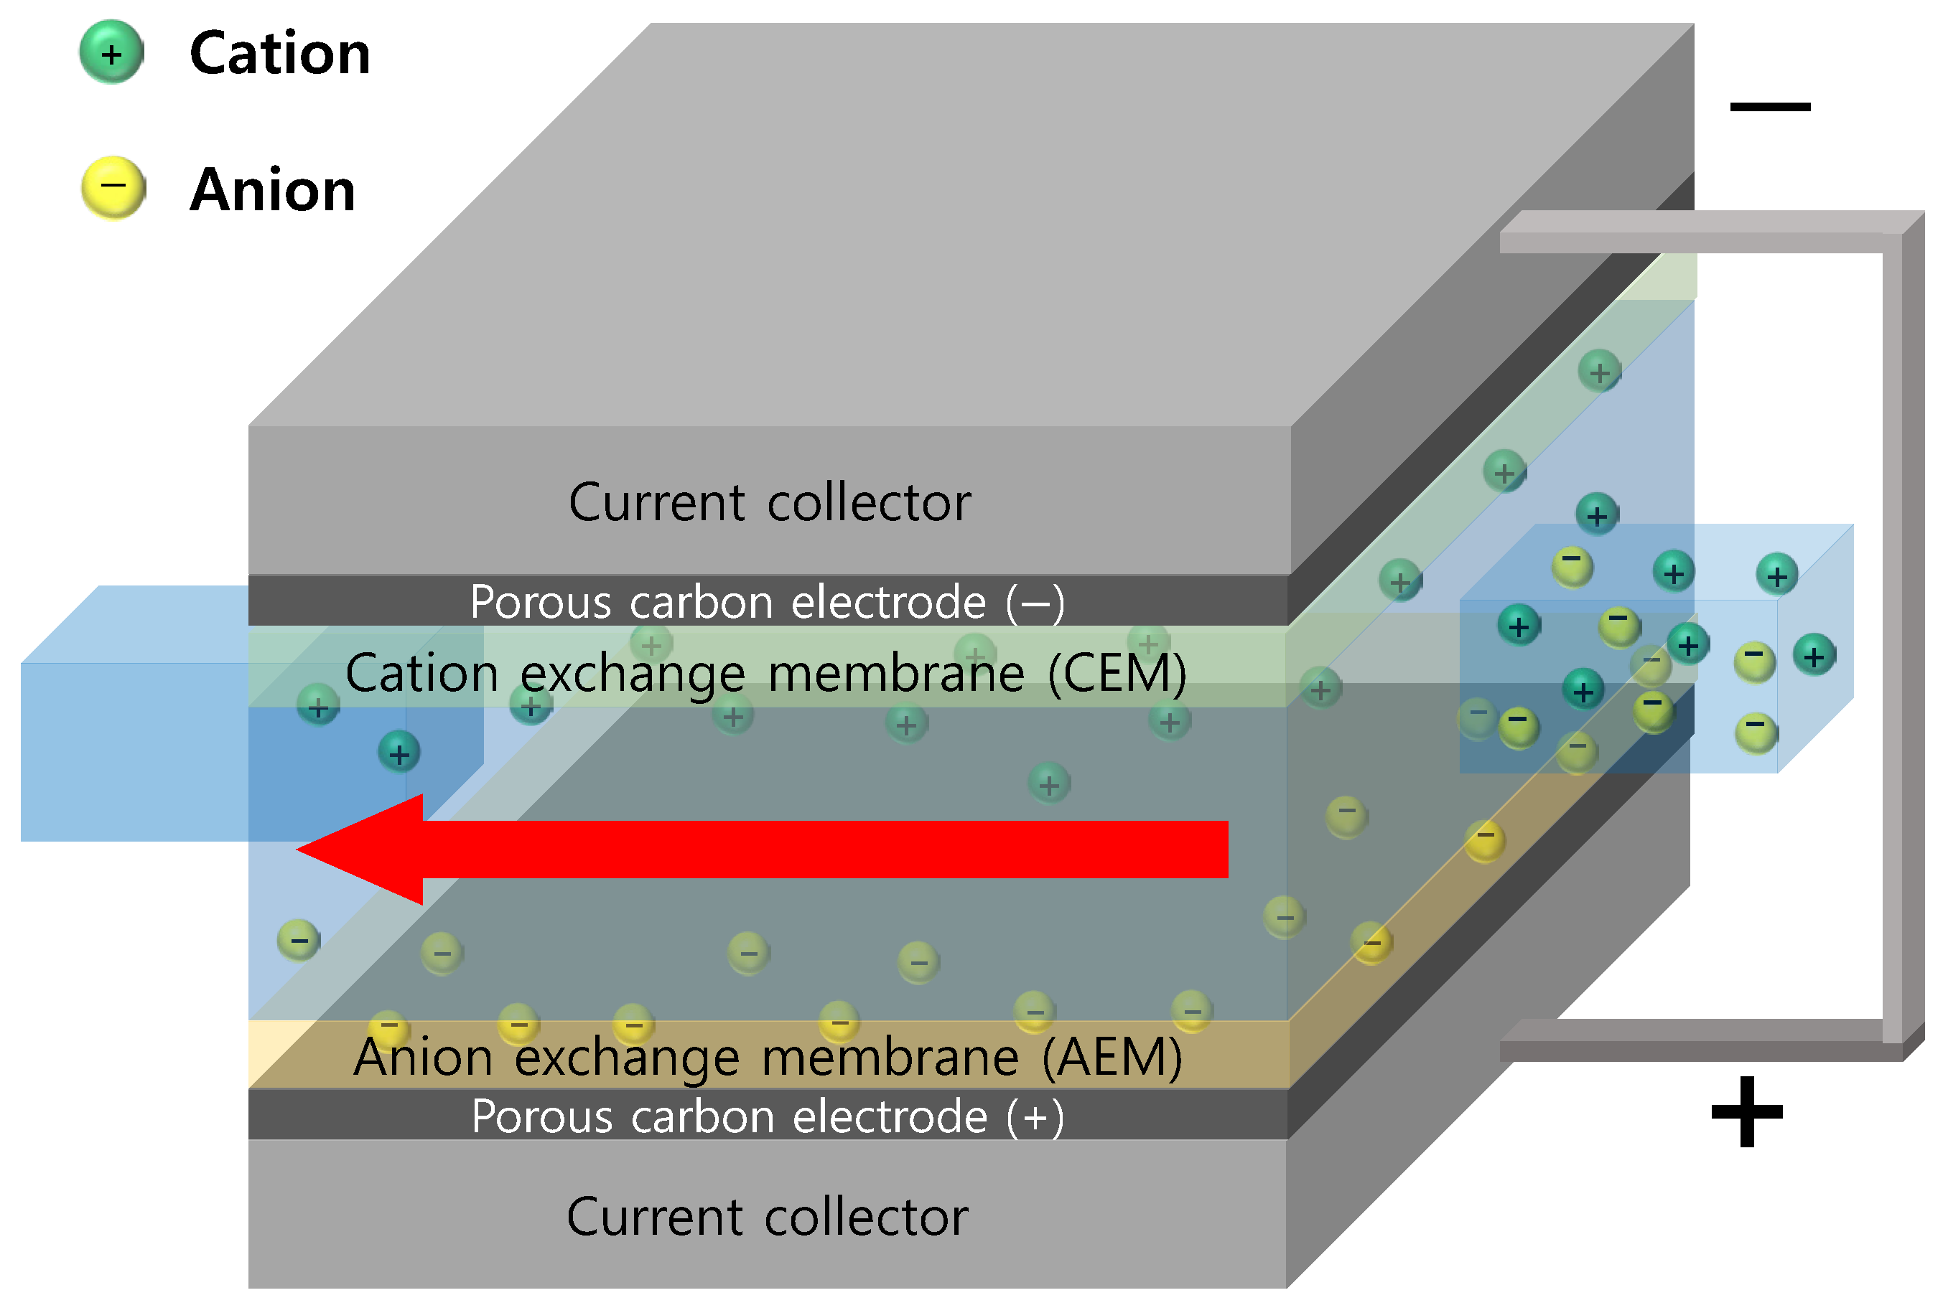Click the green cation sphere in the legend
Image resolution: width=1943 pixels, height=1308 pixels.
pyautogui.click(x=111, y=52)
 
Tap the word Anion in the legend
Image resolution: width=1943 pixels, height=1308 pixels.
pyautogui.click(x=273, y=190)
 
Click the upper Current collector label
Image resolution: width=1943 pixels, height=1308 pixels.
pyautogui.click(x=769, y=502)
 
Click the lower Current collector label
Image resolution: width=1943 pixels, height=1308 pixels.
pyautogui.click(x=767, y=1216)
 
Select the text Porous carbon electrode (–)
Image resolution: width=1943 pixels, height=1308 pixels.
pyautogui.click(x=767, y=601)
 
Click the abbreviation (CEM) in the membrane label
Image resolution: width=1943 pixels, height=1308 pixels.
pyautogui.click(x=1117, y=673)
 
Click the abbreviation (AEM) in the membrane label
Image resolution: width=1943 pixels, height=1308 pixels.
pyautogui.click(x=1112, y=1057)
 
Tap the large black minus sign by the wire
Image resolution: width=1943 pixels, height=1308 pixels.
pyautogui.click(x=1769, y=106)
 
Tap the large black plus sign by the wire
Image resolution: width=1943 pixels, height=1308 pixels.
pyautogui.click(x=1747, y=1111)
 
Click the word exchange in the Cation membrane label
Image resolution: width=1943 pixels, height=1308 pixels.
pyautogui.click(x=632, y=674)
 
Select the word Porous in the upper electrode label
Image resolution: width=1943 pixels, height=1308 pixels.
pyautogui.click(x=541, y=601)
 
